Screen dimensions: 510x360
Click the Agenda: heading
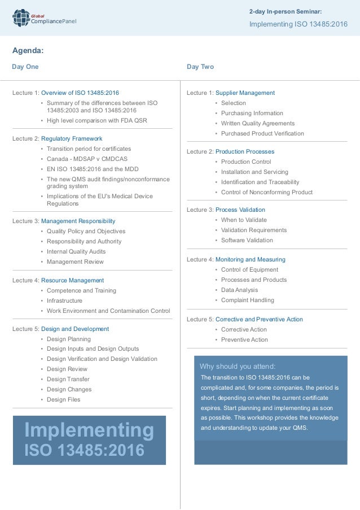[x=28, y=51]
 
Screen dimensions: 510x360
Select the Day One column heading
[x=25, y=67]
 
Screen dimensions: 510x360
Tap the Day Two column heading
[x=200, y=67]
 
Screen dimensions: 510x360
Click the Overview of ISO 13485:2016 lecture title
[x=80, y=93]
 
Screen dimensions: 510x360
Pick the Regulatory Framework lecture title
[x=72, y=138]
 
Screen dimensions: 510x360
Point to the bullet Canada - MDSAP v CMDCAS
[x=85, y=159]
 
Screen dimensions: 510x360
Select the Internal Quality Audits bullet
[x=76, y=251]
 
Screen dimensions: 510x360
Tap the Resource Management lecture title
[x=72, y=280]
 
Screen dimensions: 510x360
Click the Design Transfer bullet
[x=68, y=379]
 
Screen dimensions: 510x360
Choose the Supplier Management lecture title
[x=245, y=93]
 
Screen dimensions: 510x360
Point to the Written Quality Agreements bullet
[x=258, y=123]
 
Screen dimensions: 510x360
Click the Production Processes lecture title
[x=245, y=151]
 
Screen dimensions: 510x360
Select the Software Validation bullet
[x=247, y=240]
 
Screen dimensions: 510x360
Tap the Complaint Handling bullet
[x=248, y=300]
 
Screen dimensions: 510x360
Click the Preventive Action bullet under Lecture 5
[x=244, y=339]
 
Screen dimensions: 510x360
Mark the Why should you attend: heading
[x=238, y=366]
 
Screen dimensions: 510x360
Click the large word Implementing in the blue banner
[x=89, y=430]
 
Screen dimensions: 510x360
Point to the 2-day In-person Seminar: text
[x=286, y=11]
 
